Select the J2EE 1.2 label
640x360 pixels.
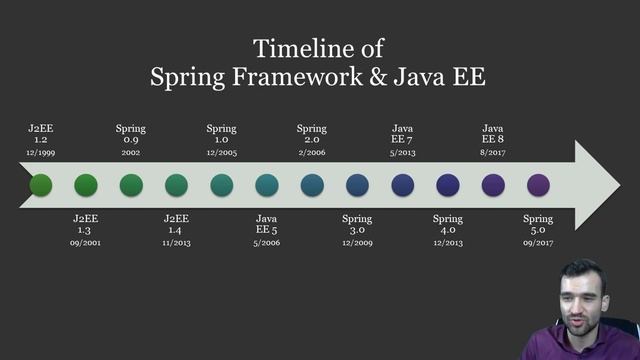click(40, 134)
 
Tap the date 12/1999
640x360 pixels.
click(40, 152)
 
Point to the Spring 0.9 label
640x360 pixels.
click(131, 134)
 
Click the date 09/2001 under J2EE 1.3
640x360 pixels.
click(86, 242)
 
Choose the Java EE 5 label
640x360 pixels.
click(267, 224)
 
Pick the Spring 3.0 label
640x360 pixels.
click(357, 224)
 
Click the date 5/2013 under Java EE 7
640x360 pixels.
click(402, 152)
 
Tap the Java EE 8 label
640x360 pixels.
click(493, 134)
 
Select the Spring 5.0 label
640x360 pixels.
click(538, 224)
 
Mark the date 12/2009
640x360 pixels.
click(357, 242)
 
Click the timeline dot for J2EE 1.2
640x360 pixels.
click(41, 185)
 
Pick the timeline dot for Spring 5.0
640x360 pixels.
click(538, 185)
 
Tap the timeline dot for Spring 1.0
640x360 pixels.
click(222, 185)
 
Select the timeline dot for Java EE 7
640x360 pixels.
click(402, 185)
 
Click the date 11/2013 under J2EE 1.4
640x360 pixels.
click(176, 242)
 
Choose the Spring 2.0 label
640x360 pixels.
click(312, 134)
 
